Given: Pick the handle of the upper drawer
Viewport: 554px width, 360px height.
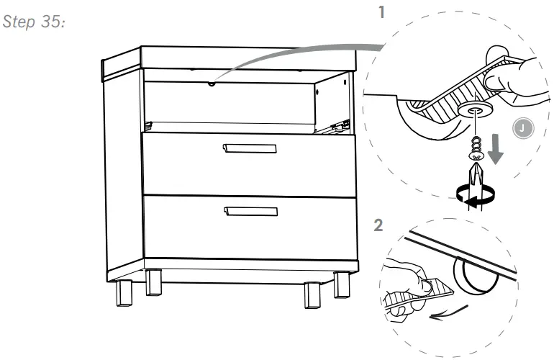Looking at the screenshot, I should point(250,148).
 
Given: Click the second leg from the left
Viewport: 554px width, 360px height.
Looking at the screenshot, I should point(153,283).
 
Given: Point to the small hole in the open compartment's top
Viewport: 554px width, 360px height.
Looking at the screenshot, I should point(211,84).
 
